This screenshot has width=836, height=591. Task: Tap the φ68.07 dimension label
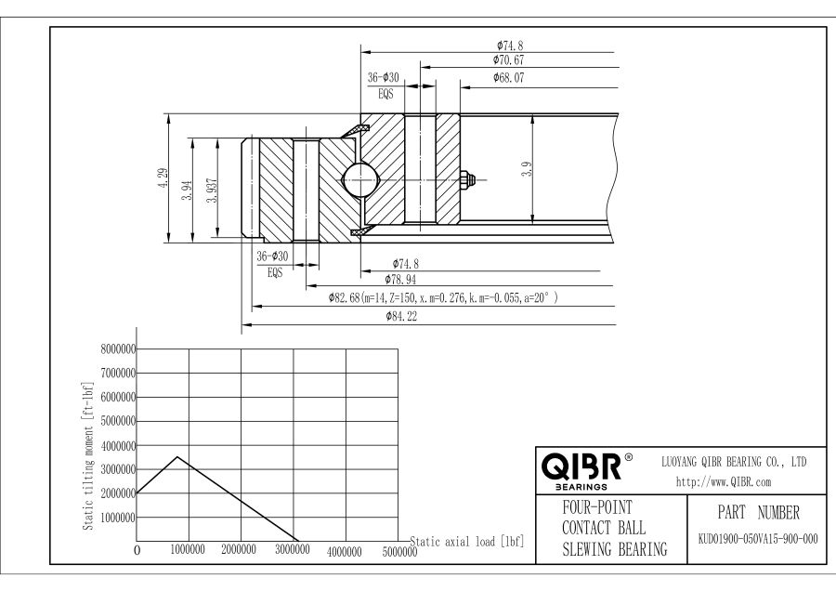point(508,78)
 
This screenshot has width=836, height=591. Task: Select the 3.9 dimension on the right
point(527,170)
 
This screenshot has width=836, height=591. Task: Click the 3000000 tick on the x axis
point(292,550)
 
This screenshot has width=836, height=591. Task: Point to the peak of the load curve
point(177,457)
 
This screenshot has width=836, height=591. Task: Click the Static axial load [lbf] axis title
point(464,538)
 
